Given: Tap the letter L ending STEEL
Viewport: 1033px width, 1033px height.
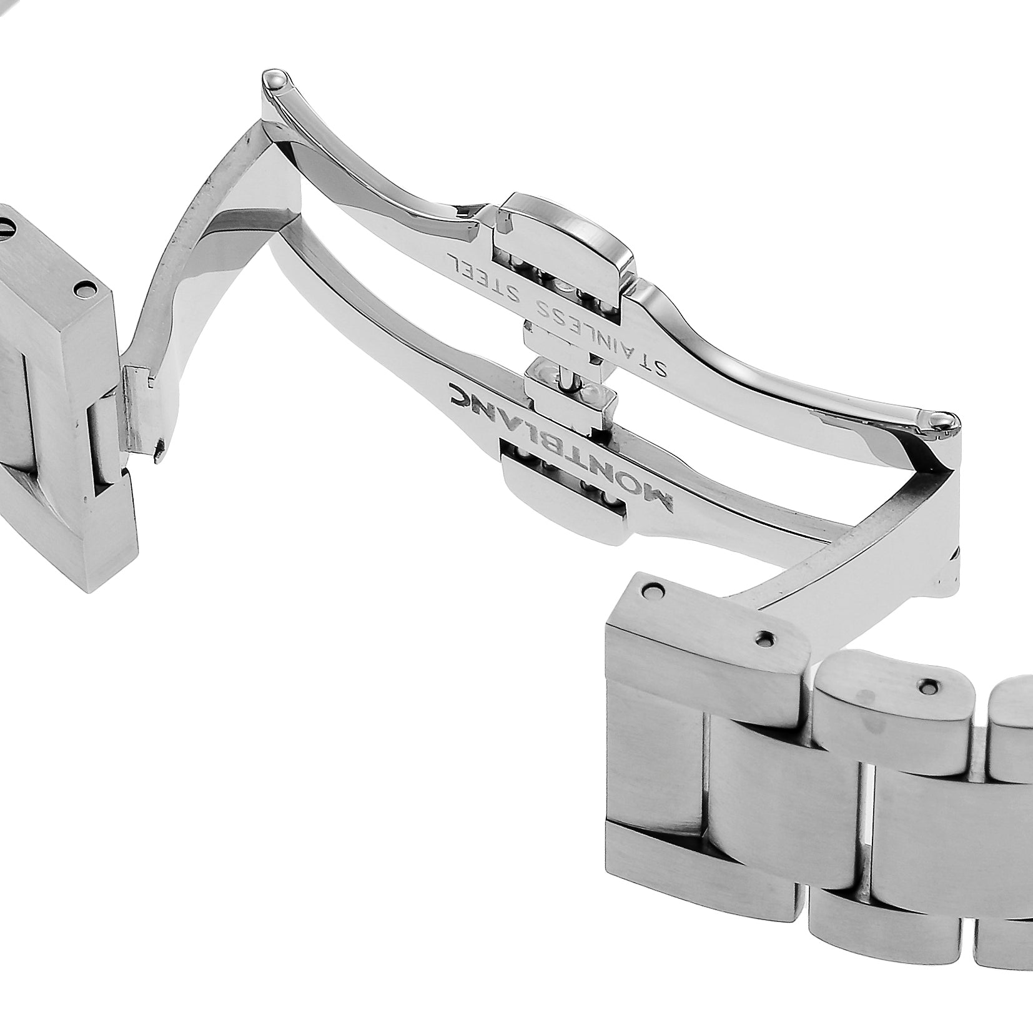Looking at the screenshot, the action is tap(449, 257).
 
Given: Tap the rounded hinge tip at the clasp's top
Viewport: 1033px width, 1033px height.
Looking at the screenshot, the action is tap(275, 79).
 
